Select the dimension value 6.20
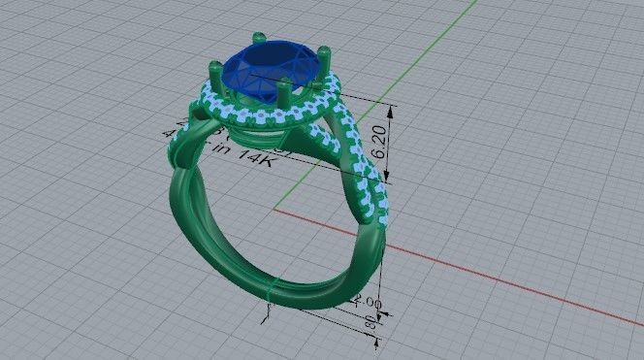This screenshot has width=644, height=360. point(379,139)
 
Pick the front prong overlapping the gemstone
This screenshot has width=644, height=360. point(278,97)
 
